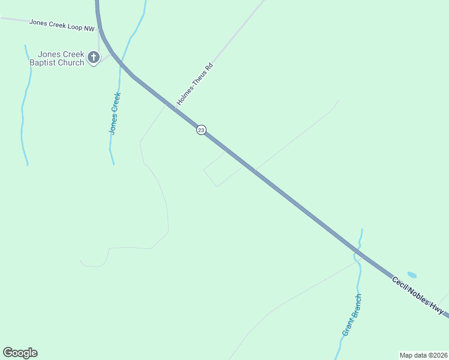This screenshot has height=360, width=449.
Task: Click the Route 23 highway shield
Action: tap(201, 130)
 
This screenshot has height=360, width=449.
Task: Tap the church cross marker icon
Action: tap(93, 58)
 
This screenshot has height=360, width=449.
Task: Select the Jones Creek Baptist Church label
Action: tap(57, 58)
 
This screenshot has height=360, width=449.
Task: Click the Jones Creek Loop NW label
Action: tap(62, 25)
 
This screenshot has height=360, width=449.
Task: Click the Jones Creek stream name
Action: tap(115, 112)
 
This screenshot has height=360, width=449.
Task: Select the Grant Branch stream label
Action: tap(352, 314)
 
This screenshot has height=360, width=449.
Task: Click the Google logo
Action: tap(20, 353)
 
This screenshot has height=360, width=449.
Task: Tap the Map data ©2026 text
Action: tap(423, 355)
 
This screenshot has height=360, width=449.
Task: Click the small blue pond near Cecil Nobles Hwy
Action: tap(412, 275)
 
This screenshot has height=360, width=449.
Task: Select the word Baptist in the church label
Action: tap(43, 62)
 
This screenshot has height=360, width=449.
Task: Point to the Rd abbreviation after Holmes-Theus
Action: tap(208, 67)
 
